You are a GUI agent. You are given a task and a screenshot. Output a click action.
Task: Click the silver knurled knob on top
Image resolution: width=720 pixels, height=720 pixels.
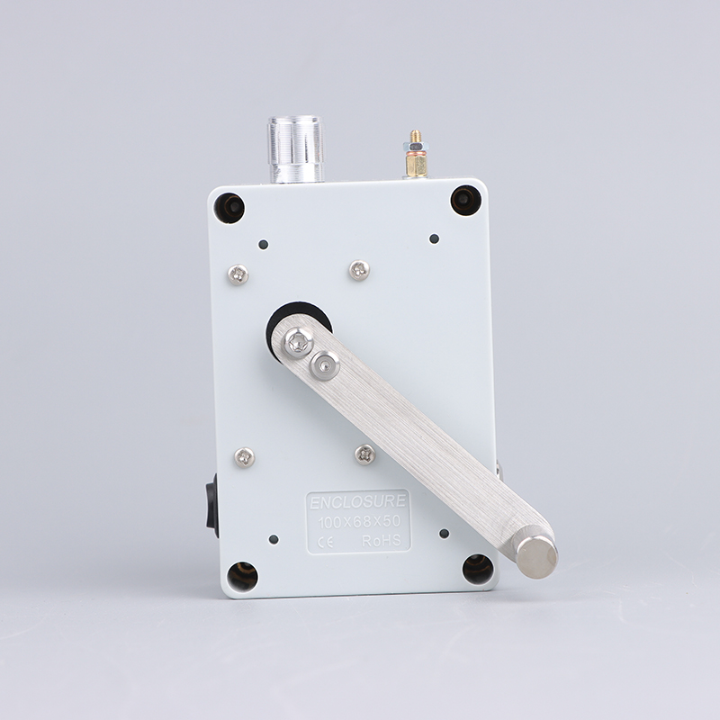click(x=296, y=149)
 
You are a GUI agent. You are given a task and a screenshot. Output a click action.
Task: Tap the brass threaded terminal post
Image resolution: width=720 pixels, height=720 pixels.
click(x=416, y=154)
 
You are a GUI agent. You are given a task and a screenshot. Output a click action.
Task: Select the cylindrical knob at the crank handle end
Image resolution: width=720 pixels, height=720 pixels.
click(x=536, y=556)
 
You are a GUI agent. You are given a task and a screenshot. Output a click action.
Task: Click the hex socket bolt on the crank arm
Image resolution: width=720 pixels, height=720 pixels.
click(x=325, y=365)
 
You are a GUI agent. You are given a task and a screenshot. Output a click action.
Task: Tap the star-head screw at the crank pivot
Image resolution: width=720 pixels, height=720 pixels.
click(x=299, y=342)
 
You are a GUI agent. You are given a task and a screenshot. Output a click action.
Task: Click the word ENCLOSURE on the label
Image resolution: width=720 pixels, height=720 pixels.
click(x=357, y=502)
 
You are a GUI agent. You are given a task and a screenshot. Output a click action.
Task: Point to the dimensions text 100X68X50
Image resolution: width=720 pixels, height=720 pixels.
click(x=359, y=522)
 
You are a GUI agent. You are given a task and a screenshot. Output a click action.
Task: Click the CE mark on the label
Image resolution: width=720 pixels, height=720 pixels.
click(x=325, y=543)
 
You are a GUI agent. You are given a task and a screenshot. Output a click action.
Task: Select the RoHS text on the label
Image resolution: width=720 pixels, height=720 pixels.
click(x=381, y=541)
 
